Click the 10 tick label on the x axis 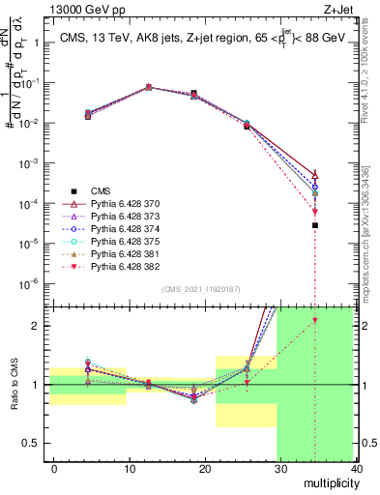[x=129, y=468]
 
